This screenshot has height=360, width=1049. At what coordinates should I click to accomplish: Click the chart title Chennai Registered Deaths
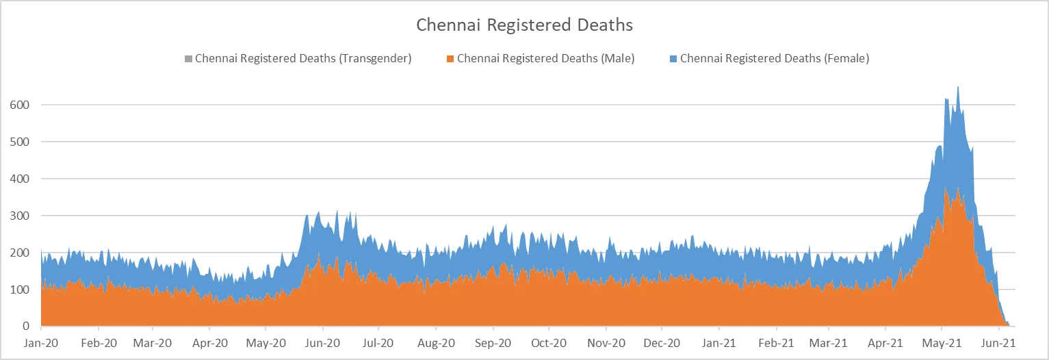pos(524,25)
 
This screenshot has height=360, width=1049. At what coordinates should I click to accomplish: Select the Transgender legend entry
pos(302,59)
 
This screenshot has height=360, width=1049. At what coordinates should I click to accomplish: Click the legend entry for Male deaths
pos(545,59)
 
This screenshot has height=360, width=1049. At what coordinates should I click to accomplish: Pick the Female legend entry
pos(774,59)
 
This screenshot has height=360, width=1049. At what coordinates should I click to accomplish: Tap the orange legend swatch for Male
pos(450,59)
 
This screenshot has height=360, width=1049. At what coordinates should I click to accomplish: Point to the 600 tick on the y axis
pos(18,105)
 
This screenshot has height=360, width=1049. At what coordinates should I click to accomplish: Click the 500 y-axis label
pos(18,142)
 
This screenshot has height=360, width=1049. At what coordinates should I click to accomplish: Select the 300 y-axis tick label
pos(18,216)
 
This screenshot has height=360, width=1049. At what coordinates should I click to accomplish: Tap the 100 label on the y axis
pos(18,290)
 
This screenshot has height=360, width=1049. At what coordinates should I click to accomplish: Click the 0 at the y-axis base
pos(25,326)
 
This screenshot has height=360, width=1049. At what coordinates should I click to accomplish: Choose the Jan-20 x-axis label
pos(41,342)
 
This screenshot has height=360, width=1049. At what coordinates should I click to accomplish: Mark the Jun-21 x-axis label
pos(998,342)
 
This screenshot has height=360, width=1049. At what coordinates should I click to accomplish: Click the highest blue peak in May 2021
pos(957,88)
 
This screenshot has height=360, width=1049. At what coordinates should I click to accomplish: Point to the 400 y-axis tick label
pos(18,179)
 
